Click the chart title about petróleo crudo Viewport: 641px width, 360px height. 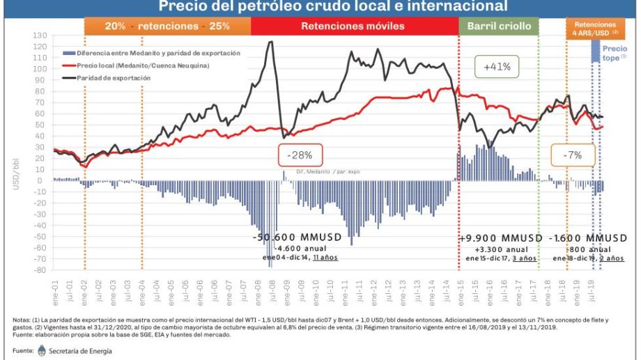tap(332, 6)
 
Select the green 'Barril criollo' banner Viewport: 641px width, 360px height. tap(499, 26)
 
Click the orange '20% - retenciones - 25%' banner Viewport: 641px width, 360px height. tap(167, 26)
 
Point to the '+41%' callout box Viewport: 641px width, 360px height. tap(497, 68)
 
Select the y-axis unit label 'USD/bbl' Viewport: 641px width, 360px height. tap(15, 170)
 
